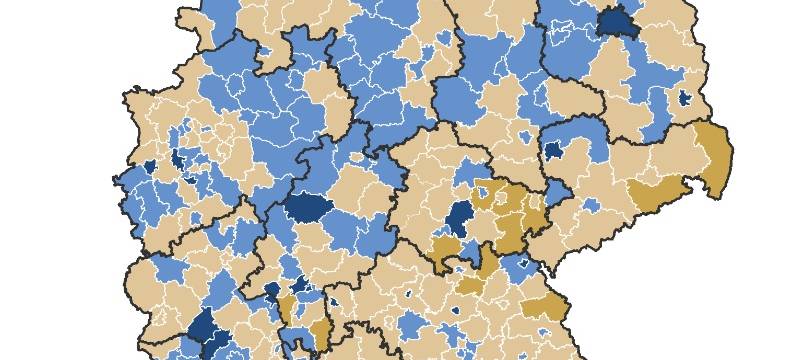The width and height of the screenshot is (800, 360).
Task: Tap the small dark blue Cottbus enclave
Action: (x=685, y=98)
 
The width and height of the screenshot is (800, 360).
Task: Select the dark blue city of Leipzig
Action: (x=553, y=150)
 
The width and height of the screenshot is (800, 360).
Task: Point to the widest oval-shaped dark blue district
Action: (x=305, y=206)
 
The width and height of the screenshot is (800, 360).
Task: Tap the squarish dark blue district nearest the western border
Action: (x=150, y=167)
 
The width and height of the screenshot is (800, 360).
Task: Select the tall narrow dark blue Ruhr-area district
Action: (x=179, y=159)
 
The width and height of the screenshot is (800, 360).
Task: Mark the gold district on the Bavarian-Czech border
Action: (x=546, y=306)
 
